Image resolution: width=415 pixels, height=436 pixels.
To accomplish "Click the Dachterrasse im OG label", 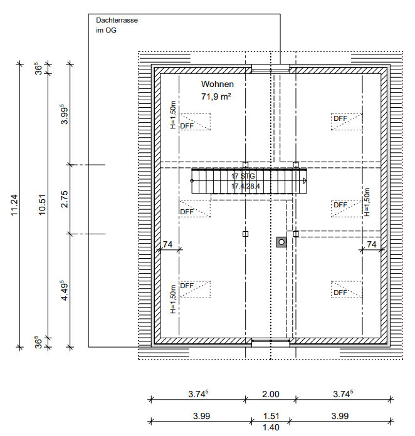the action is [117, 25].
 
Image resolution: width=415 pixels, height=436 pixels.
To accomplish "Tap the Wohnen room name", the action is [218, 84].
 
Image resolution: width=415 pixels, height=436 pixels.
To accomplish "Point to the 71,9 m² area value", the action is [216, 96].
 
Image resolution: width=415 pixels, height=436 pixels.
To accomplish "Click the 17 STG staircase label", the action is [243, 176].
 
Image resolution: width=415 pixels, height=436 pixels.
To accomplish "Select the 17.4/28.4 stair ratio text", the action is [246, 186].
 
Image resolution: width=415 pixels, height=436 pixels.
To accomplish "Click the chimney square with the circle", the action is [281, 242].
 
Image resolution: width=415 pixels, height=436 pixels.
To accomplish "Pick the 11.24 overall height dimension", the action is [14, 205].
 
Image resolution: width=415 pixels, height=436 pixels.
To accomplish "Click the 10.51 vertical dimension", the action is [42, 205].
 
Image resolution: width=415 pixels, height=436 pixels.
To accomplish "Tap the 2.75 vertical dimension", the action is [65, 199].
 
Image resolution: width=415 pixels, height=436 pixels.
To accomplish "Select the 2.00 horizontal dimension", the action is [271, 394].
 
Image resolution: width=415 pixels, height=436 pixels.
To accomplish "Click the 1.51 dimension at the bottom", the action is [271, 416].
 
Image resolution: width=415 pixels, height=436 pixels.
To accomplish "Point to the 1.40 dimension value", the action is [271, 427].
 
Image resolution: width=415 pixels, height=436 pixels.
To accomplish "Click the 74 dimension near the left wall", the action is [167, 244].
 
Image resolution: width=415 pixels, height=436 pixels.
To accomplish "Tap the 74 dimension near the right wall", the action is [372, 244].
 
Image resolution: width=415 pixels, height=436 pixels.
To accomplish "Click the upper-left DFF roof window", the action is [195, 122].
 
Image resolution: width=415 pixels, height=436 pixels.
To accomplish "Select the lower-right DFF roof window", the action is [347, 289].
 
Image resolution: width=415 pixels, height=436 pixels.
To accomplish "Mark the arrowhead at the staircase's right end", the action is [305, 181].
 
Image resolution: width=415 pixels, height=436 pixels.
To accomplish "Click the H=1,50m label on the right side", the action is [367, 202].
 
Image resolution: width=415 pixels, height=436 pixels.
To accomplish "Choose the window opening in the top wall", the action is [271, 69].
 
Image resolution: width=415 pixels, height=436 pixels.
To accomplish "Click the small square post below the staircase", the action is [245, 234].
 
